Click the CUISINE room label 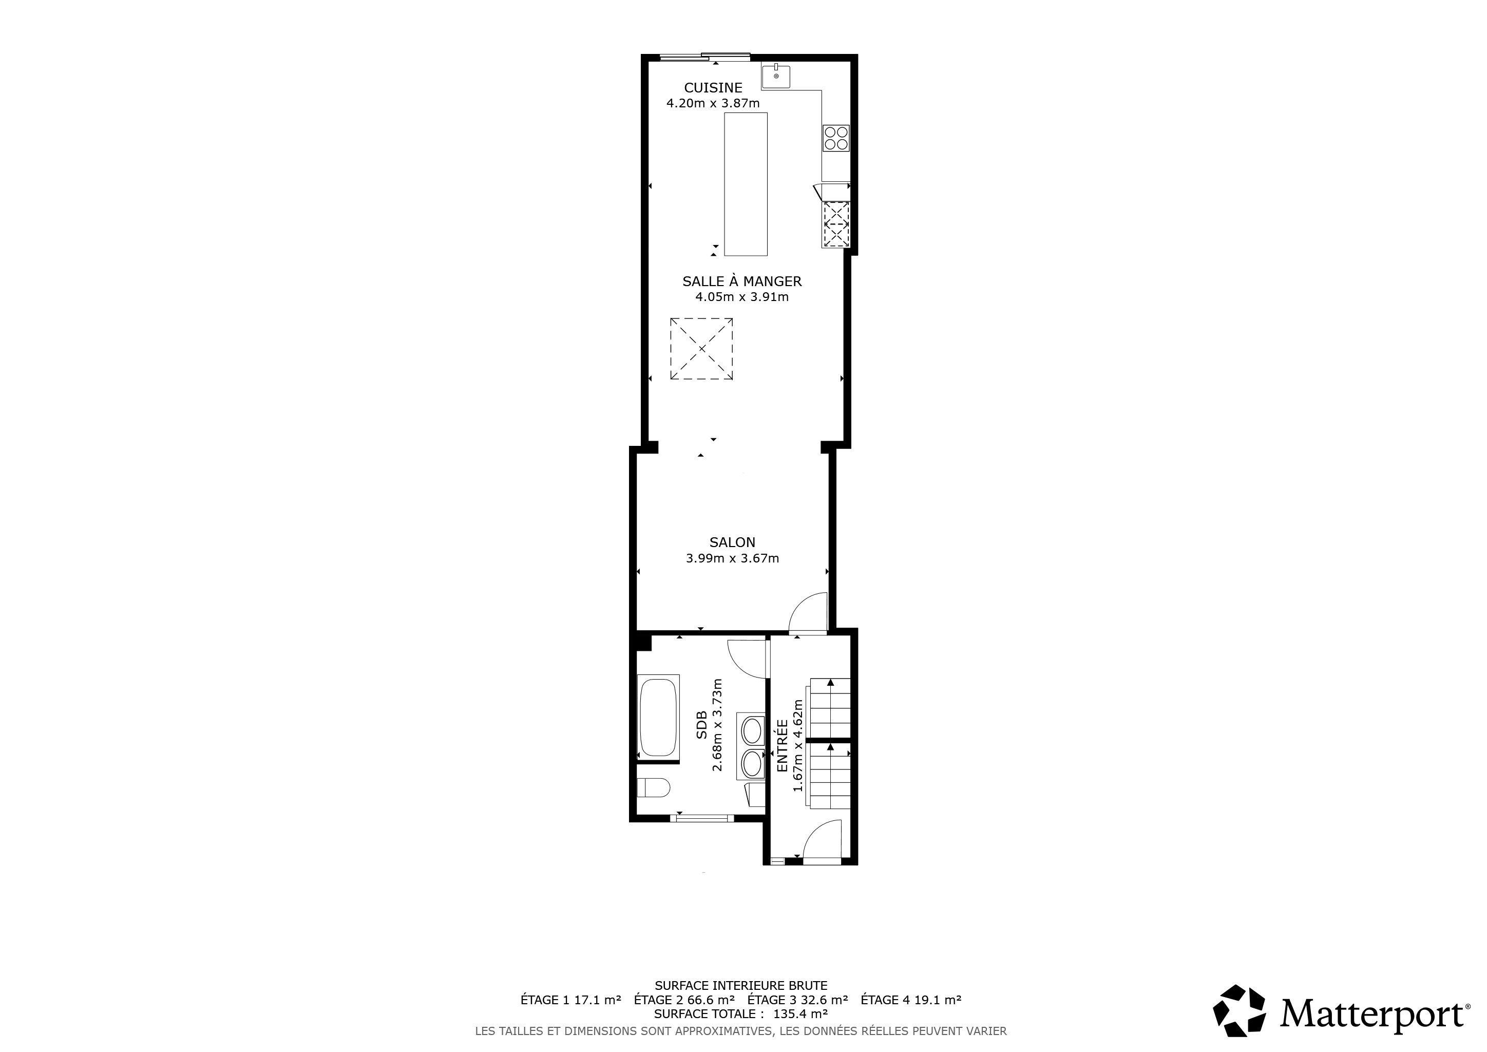pos(713,87)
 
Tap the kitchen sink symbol pos(776,76)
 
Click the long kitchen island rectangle pos(746,184)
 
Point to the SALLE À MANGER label pos(742,281)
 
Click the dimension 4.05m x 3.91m pos(742,297)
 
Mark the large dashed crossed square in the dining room pos(701,348)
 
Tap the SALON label pos(733,542)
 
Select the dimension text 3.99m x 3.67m pos(733,558)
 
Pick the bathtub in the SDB pos(659,717)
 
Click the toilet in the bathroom pos(654,787)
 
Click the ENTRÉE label pos(781,746)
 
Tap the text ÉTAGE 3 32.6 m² pos(798,1000)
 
